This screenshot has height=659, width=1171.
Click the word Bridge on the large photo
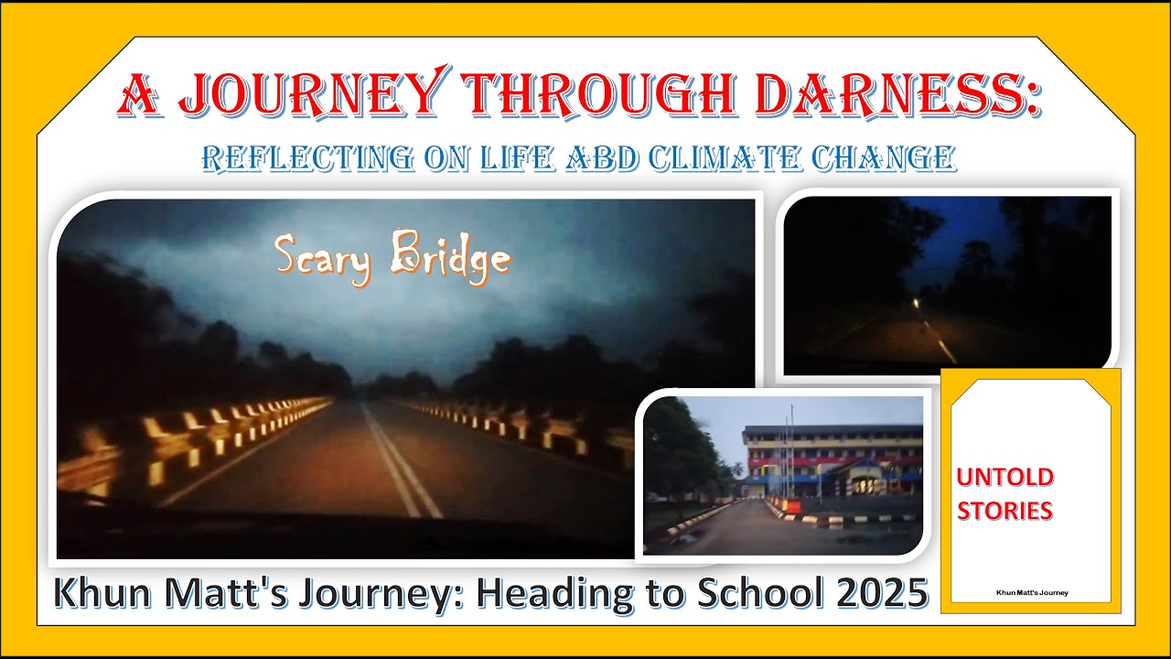[x=449, y=258]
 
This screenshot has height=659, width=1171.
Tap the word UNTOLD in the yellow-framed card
[x=1004, y=477]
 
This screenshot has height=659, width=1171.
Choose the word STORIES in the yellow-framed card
[x=1004, y=511]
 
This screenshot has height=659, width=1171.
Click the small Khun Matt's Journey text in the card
[x=1031, y=592]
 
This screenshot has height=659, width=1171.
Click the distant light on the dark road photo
[x=917, y=303]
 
